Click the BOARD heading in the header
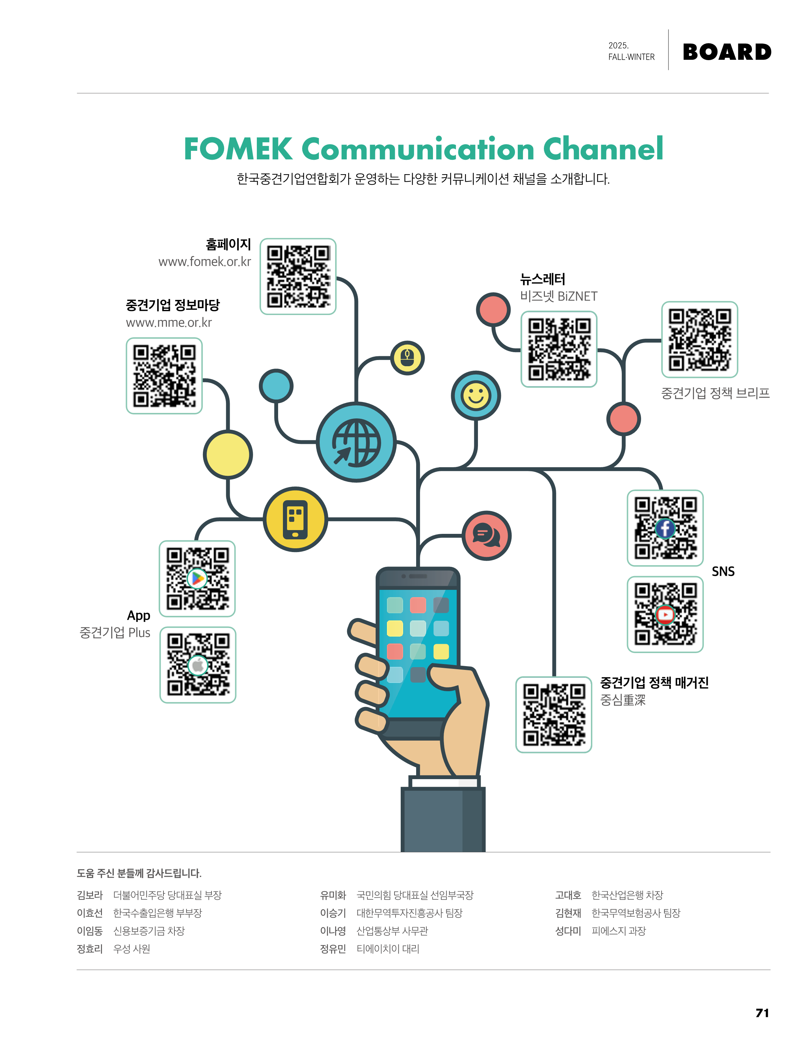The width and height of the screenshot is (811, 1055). pyautogui.click(x=727, y=52)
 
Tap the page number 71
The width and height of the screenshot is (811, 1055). pyautogui.click(x=762, y=1013)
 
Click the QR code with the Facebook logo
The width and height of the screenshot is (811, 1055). pyautogui.click(x=665, y=528)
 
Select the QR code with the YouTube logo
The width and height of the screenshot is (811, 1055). pyautogui.click(x=665, y=615)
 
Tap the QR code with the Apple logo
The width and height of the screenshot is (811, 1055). pyautogui.click(x=198, y=665)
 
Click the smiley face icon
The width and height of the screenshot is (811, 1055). pyautogui.click(x=476, y=396)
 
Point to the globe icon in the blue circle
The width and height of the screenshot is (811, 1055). pyautogui.click(x=356, y=442)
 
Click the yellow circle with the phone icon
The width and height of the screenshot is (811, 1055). pyautogui.click(x=295, y=519)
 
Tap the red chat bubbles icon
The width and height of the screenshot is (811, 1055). pyautogui.click(x=487, y=536)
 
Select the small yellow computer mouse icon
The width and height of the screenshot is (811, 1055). pyautogui.click(x=408, y=358)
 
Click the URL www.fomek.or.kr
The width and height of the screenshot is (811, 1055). pyautogui.click(x=205, y=262)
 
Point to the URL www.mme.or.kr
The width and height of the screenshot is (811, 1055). pyautogui.click(x=169, y=323)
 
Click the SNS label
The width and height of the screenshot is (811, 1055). pyautogui.click(x=723, y=571)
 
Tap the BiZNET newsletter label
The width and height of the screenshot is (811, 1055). pyautogui.click(x=559, y=296)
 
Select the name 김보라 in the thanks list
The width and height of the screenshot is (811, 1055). pyautogui.click(x=90, y=895)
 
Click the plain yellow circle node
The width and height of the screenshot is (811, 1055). pyautogui.click(x=228, y=454)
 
